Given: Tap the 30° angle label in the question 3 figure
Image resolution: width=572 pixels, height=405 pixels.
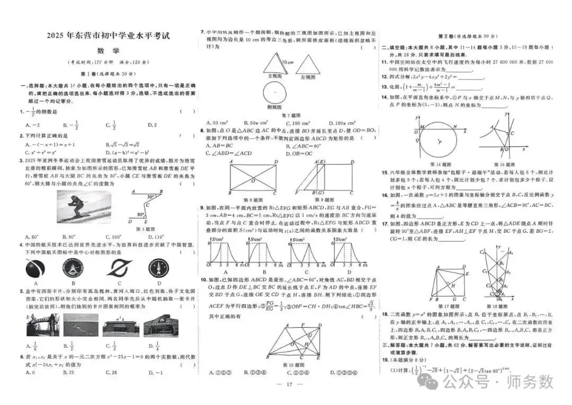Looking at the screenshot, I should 152,196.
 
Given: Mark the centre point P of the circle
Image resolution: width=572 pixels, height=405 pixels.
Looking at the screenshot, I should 439,142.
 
